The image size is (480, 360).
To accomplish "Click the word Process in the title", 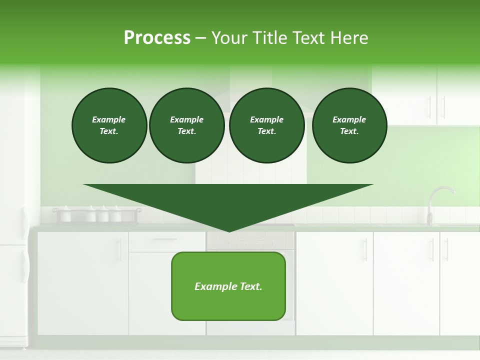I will pyautogui.click(x=157, y=38).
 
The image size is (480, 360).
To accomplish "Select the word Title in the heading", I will pyautogui.click(x=270, y=38).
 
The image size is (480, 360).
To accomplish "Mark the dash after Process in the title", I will pyautogui.click(x=201, y=38).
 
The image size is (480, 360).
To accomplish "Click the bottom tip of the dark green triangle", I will pyautogui.click(x=229, y=231).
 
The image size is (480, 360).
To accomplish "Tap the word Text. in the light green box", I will pyautogui.click(x=250, y=286).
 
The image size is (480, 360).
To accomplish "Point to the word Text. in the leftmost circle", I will pyautogui.click(x=109, y=131).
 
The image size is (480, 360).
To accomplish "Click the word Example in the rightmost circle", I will pyautogui.click(x=349, y=119).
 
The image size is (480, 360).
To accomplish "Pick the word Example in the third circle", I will pyautogui.click(x=266, y=119).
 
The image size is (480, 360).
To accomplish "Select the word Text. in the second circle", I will pyautogui.click(x=186, y=131).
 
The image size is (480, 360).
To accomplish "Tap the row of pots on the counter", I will pyautogui.click(x=95, y=214).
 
